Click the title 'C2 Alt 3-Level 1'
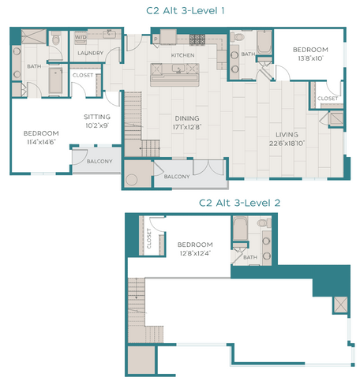(180, 10)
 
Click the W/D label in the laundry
(81, 37)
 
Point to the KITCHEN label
(182, 56)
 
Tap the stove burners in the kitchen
(195, 39)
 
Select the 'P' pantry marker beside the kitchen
(155, 39)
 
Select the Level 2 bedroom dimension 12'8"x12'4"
(194, 252)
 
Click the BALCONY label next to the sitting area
(98, 162)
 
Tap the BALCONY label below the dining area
(176, 177)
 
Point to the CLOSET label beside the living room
(327, 98)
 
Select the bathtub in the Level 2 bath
(240, 230)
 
